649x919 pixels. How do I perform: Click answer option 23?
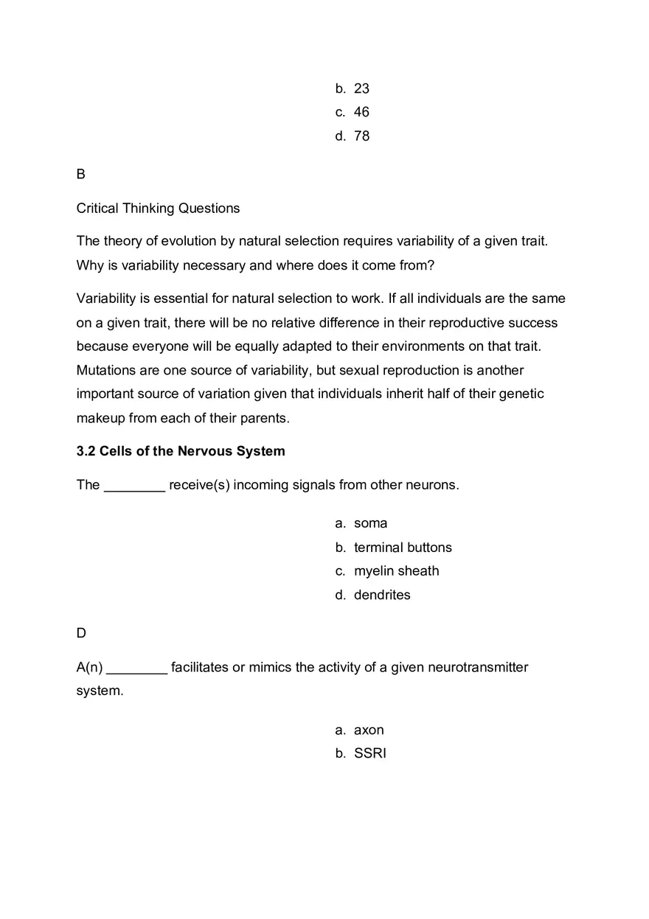click(x=361, y=88)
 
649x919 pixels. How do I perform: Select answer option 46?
click(x=361, y=112)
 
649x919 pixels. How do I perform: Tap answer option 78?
click(x=361, y=136)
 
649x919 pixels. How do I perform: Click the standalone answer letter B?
click(x=81, y=174)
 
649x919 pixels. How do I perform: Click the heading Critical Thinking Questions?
click(x=158, y=209)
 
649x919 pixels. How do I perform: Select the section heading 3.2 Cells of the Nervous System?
click(x=181, y=451)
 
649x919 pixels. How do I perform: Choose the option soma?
click(x=370, y=523)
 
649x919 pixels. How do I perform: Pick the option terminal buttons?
click(x=403, y=548)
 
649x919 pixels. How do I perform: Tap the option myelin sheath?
click(x=396, y=571)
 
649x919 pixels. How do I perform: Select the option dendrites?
click(x=382, y=595)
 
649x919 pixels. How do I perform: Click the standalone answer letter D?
click(x=81, y=633)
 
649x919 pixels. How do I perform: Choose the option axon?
click(x=369, y=730)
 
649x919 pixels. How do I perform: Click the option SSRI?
click(x=369, y=754)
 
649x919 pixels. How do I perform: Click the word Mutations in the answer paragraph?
click(x=106, y=370)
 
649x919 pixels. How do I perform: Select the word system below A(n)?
click(x=99, y=691)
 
